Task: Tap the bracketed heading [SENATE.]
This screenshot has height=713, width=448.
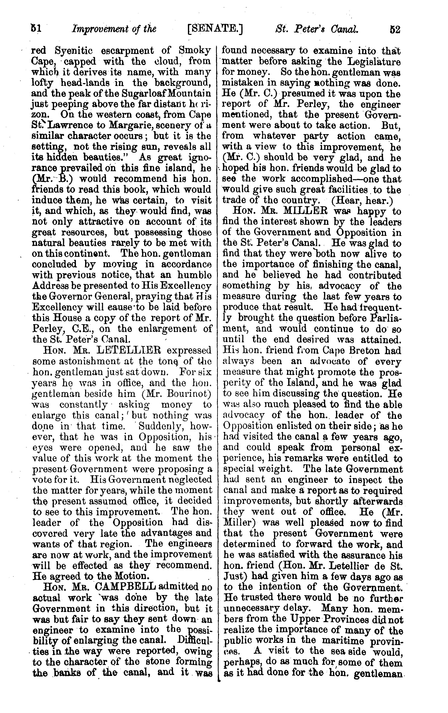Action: click(215, 29)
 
